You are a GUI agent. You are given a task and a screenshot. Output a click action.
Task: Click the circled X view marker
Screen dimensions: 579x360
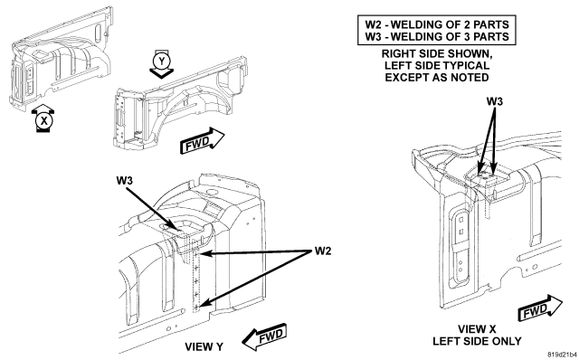click(x=44, y=120)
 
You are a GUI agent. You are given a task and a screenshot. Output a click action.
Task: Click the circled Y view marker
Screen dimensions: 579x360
click(x=162, y=61)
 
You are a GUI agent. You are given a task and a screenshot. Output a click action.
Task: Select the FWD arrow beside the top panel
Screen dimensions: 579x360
click(x=202, y=140)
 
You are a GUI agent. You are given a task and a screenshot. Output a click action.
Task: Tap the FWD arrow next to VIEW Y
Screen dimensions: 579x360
click(x=264, y=336)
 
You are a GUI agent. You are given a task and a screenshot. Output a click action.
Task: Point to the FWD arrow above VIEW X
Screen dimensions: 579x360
click(x=540, y=308)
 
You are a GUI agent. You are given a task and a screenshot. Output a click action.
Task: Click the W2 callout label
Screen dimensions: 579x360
click(x=323, y=251)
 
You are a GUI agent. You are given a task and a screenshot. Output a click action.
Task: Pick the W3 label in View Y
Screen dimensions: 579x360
click(x=125, y=181)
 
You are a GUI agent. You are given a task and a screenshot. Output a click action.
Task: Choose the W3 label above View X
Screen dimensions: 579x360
click(x=495, y=101)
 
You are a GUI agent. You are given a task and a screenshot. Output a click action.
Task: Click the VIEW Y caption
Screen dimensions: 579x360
click(x=204, y=346)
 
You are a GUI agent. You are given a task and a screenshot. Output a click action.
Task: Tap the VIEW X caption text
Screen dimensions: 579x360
click(x=477, y=329)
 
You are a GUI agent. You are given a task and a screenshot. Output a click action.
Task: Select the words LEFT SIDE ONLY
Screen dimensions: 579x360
click(x=477, y=341)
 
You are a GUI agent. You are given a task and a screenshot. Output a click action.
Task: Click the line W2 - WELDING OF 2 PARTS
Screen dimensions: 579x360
click(x=437, y=24)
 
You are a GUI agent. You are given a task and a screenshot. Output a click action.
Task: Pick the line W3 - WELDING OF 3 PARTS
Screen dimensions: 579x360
click(x=437, y=36)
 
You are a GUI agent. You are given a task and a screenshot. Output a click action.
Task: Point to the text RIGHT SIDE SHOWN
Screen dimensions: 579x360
click(x=437, y=53)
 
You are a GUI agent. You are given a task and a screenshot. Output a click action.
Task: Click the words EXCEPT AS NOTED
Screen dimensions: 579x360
click(x=437, y=77)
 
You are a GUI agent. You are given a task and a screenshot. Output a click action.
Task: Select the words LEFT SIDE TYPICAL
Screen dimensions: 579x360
click(x=437, y=65)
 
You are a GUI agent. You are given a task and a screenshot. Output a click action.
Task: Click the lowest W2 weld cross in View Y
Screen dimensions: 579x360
click(x=196, y=306)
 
